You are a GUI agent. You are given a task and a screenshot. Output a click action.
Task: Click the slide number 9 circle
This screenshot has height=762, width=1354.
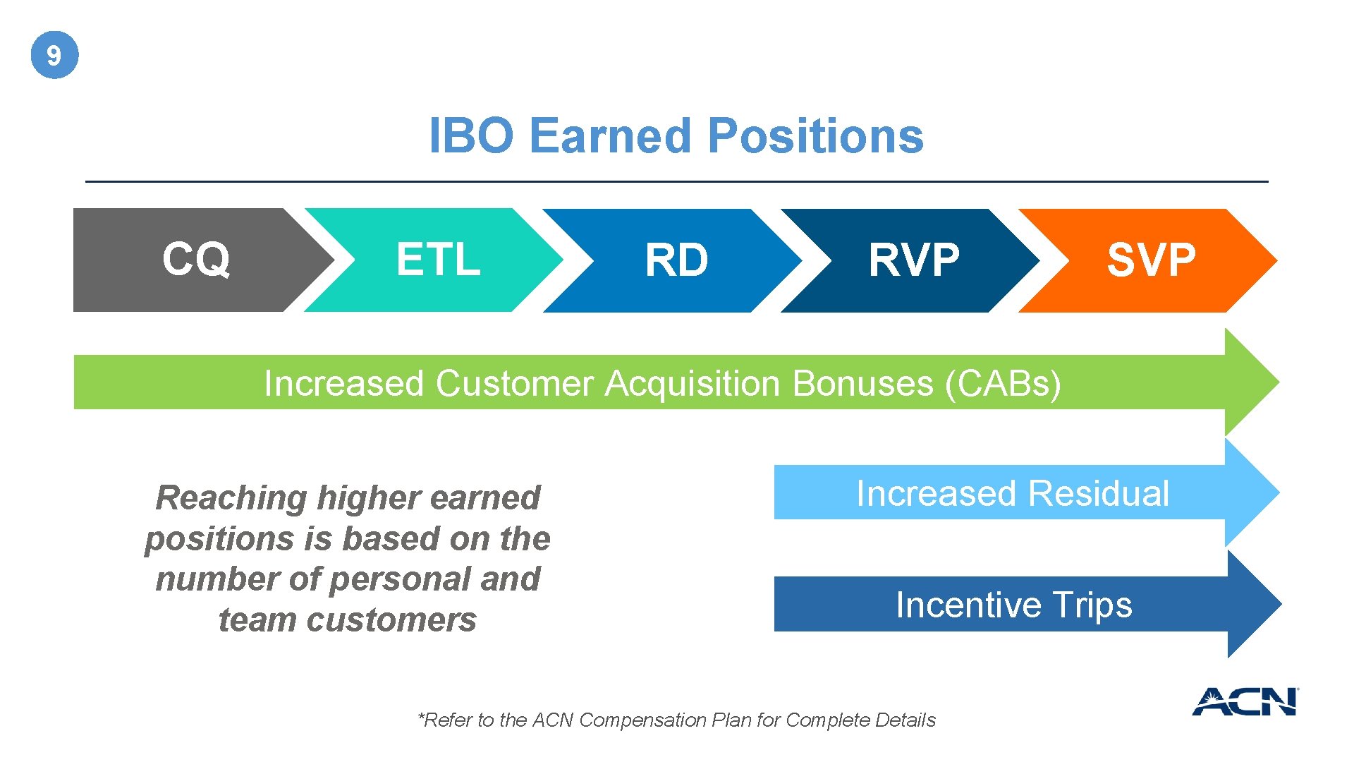pyautogui.click(x=54, y=55)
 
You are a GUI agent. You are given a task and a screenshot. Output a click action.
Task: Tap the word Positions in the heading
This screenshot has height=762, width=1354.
pyautogui.click(x=815, y=135)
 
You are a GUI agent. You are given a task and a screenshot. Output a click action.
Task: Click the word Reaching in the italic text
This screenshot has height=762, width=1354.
pyautogui.click(x=231, y=498)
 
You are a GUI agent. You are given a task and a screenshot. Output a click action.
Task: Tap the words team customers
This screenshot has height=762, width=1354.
pyautogui.click(x=347, y=620)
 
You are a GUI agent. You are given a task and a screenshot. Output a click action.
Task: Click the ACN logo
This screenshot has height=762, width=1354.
pyautogui.click(x=1245, y=701)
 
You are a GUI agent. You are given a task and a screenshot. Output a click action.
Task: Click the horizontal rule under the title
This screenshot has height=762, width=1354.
pyautogui.click(x=676, y=181)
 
